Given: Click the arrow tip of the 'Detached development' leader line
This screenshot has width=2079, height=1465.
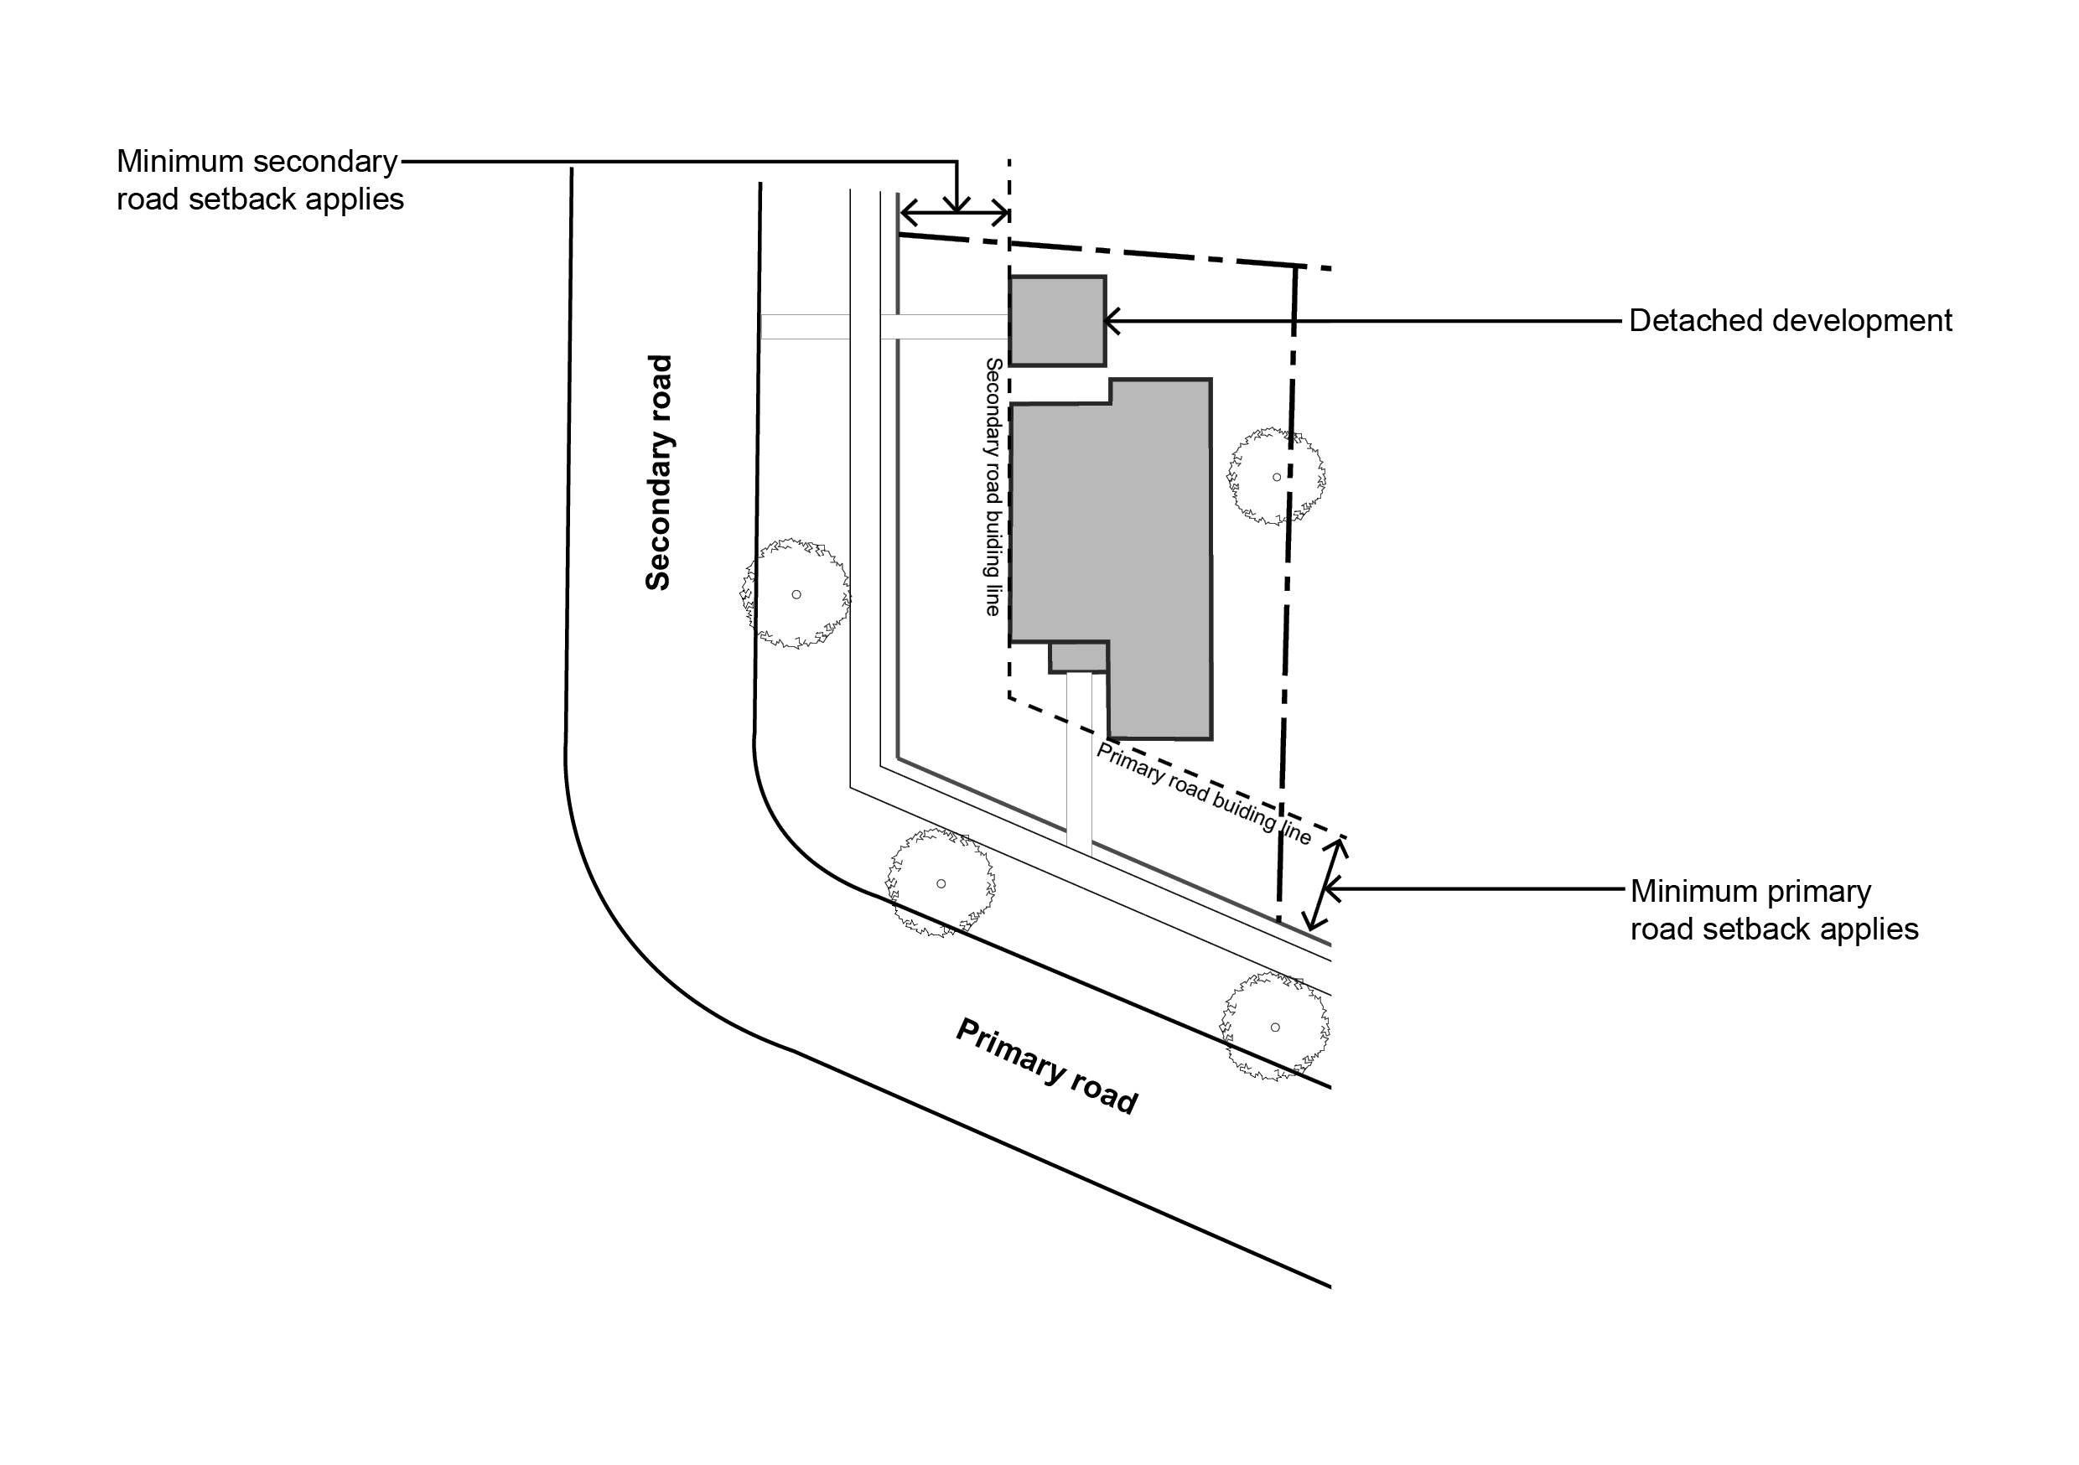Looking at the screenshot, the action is coord(1107,320).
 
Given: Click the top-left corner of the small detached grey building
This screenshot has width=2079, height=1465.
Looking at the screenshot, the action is coord(1010,277).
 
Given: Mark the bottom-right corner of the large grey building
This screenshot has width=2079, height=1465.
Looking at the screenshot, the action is coord(1211,739).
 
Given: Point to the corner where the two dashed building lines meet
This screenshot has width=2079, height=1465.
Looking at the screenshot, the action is coord(1009,696).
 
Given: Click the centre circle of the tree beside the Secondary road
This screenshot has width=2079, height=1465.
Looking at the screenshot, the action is coord(796,595).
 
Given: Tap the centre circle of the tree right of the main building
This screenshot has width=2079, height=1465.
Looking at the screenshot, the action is coord(1277,477).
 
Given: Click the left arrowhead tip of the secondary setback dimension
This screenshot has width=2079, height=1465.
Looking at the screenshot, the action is coord(901,214).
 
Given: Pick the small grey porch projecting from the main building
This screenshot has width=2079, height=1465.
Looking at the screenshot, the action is coord(1078,657).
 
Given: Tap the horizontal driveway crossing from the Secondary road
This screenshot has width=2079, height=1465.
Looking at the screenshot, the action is coord(884,327).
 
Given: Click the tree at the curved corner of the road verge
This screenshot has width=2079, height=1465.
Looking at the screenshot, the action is coord(941,883).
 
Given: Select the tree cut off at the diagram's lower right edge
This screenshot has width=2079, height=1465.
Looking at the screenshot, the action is coord(1276,1027).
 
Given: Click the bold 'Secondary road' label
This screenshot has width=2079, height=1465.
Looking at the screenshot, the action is coord(658,473).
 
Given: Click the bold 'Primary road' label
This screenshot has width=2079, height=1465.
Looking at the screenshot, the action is coord(1047,1067).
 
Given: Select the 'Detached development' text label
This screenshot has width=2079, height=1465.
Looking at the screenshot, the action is coord(1790,320).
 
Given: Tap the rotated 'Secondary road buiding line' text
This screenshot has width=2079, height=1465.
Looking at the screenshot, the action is coord(993,487).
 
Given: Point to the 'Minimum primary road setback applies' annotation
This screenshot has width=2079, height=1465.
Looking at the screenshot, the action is coord(1774,910).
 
